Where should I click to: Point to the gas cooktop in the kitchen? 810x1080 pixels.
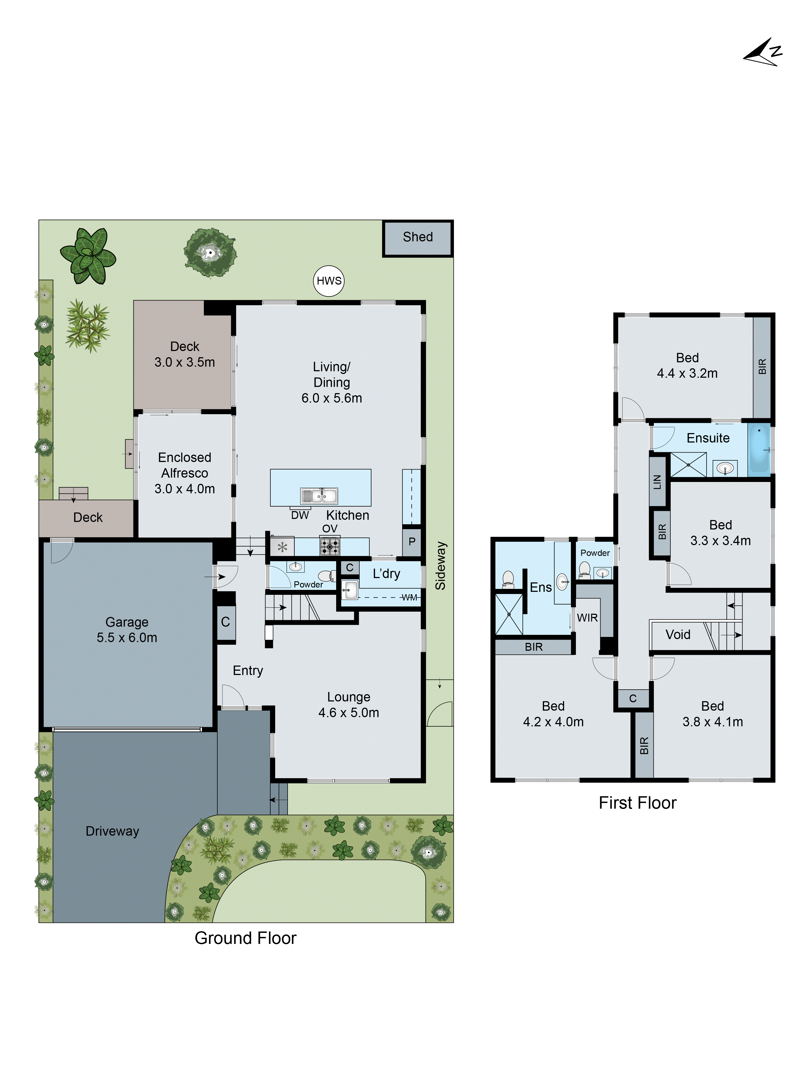(x=330, y=546)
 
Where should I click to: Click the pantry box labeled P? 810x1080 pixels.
(x=411, y=541)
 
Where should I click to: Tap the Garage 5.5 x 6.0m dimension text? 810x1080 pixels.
(x=127, y=638)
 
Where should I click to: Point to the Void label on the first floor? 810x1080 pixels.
(x=678, y=635)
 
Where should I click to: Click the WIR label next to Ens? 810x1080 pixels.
(x=587, y=618)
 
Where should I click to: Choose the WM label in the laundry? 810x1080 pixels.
(x=409, y=598)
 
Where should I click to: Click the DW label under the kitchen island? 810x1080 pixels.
(x=300, y=516)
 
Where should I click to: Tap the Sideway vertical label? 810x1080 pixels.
(x=440, y=565)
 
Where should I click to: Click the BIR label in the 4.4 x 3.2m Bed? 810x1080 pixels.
(x=762, y=366)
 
